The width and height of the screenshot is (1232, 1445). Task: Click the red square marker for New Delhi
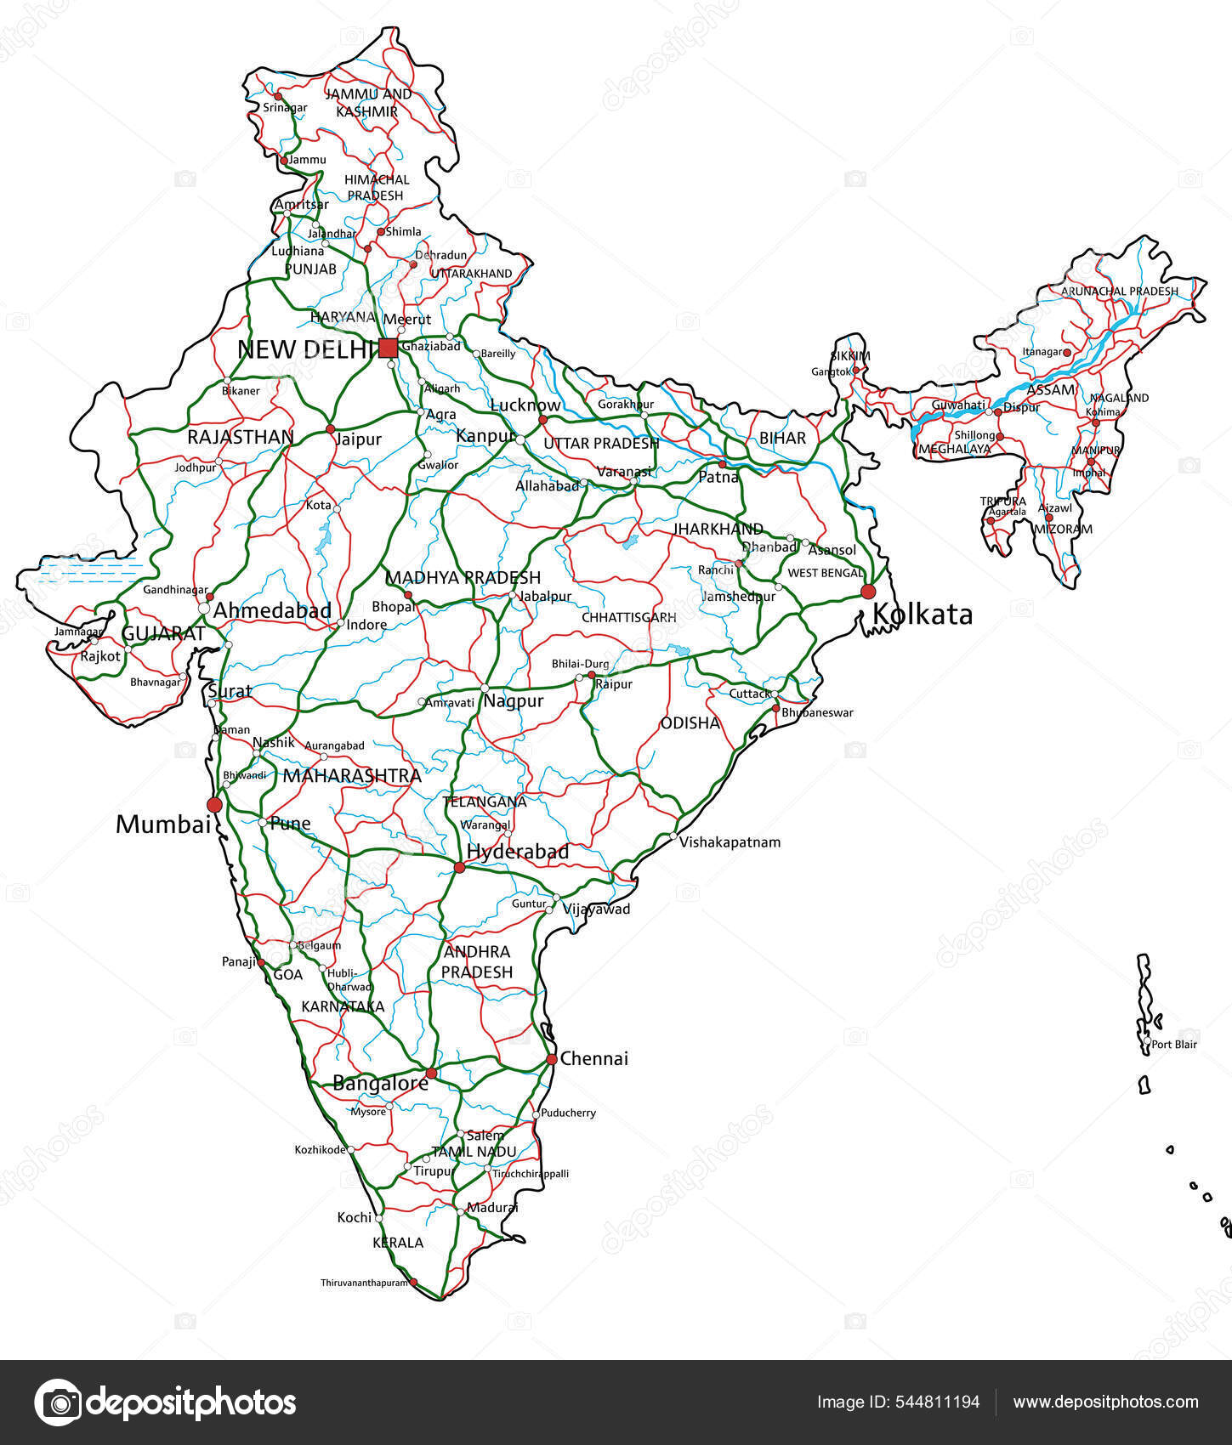[x=388, y=348]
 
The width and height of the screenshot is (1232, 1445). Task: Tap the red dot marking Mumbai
[x=214, y=804]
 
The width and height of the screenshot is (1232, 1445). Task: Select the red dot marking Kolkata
[x=868, y=592]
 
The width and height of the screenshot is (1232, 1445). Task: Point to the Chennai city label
[x=594, y=1058]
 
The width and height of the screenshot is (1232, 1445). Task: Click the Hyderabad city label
[x=518, y=851]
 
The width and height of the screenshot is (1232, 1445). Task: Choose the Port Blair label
[x=1174, y=1044]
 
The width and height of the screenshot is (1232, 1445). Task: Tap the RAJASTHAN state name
[x=241, y=437]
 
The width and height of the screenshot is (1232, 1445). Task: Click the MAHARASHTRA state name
[x=352, y=775]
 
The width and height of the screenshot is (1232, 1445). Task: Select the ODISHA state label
[x=690, y=723]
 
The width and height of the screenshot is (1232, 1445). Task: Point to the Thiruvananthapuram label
[x=365, y=1283]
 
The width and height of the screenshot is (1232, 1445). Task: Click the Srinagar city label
[x=285, y=108]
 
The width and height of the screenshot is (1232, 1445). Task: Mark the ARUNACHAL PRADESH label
[x=1120, y=291]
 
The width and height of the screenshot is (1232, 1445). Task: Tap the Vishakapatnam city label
[x=730, y=842]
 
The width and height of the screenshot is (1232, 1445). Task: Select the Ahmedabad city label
[x=272, y=610]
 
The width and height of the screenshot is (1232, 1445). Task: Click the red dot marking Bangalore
[x=431, y=1074]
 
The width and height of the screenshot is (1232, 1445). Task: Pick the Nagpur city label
[x=514, y=701]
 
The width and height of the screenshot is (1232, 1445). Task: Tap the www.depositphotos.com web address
[x=1106, y=1402]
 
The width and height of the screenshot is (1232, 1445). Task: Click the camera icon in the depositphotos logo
[x=57, y=1402]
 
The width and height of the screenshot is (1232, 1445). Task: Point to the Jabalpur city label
[x=546, y=596]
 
